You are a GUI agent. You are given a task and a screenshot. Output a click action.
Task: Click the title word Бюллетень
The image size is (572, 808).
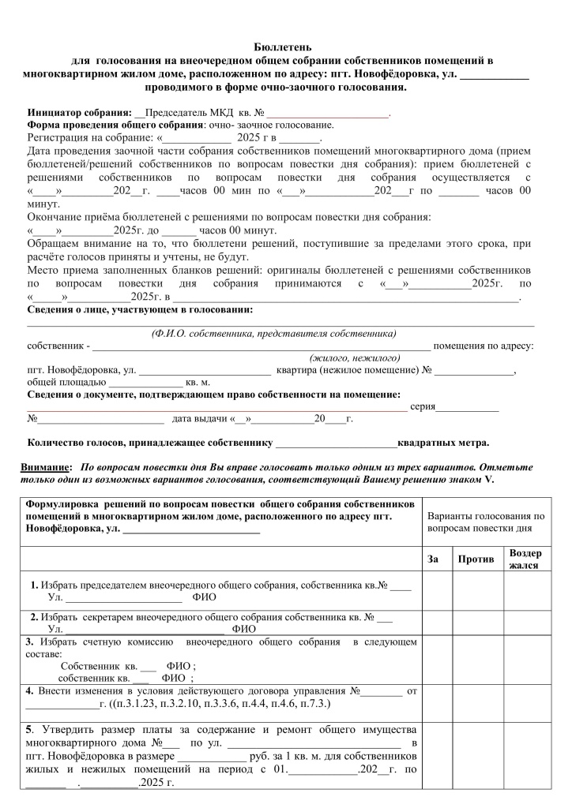click(x=286, y=48)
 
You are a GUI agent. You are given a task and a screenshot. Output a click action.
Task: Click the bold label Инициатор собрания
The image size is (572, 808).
click(x=79, y=114)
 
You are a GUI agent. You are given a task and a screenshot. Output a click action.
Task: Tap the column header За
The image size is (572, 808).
click(x=433, y=559)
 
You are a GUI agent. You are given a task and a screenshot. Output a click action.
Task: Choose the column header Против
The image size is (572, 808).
click(x=476, y=559)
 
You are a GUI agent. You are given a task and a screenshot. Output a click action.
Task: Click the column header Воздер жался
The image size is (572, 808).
click(x=525, y=559)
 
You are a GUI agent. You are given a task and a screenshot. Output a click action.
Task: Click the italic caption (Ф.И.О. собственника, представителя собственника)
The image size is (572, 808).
click(x=273, y=333)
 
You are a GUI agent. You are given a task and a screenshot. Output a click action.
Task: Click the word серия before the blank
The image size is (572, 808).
click(x=423, y=406)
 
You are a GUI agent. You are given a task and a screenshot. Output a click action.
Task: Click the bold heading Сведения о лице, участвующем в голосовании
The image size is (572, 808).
click(x=140, y=309)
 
